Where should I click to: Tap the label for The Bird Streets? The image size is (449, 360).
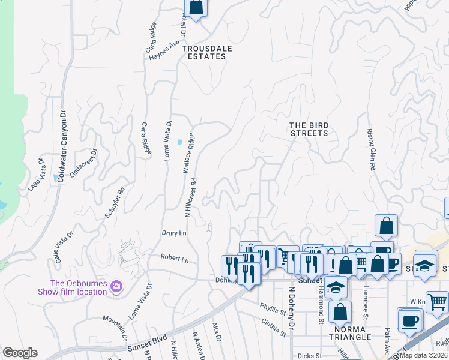pos(309,129)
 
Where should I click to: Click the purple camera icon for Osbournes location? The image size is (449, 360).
pos(116,287)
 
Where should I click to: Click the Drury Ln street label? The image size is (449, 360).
pos(175,232)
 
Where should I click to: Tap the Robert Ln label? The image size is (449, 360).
pos(175,259)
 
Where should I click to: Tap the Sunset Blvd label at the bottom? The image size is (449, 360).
pos(145,347)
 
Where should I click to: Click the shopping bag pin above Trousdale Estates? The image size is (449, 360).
pos(196,7)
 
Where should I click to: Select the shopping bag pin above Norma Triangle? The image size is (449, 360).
pos(340,312)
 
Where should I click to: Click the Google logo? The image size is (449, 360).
pos(20,353)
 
